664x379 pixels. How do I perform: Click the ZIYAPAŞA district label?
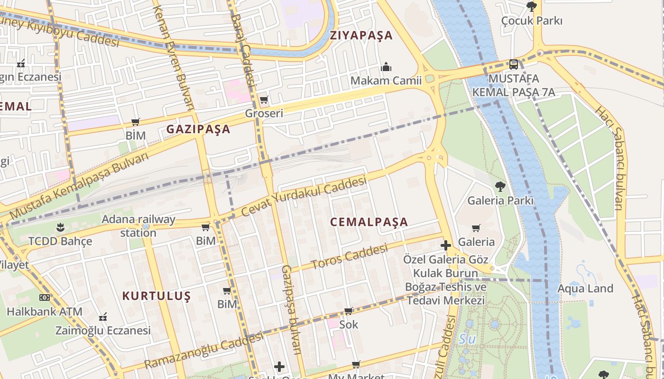coord(361,36)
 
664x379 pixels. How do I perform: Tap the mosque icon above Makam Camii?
coord(386,66)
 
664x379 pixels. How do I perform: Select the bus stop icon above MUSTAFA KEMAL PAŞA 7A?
coord(513,64)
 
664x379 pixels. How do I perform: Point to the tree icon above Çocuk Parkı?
coord(531,7)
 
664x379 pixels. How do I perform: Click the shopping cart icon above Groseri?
coord(264,99)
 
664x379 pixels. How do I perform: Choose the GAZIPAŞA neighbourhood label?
coord(198,129)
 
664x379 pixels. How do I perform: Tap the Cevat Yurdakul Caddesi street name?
coord(304,197)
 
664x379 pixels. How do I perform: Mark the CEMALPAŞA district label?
coord(369,222)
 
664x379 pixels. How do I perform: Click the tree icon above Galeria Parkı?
coord(500,186)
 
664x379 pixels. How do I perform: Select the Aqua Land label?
coord(585,289)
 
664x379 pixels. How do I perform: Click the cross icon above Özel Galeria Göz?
coord(445,245)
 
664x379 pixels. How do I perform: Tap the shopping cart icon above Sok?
coord(349,311)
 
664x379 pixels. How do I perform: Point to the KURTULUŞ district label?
coord(157,296)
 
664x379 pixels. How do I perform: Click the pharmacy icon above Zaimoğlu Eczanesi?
coord(103,316)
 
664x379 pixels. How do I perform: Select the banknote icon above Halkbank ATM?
coord(44,298)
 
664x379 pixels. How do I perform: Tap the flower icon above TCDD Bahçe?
coord(60,227)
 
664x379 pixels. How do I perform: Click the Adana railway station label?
coord(138,226)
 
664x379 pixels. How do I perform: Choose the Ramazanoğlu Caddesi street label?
coord(203,351)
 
